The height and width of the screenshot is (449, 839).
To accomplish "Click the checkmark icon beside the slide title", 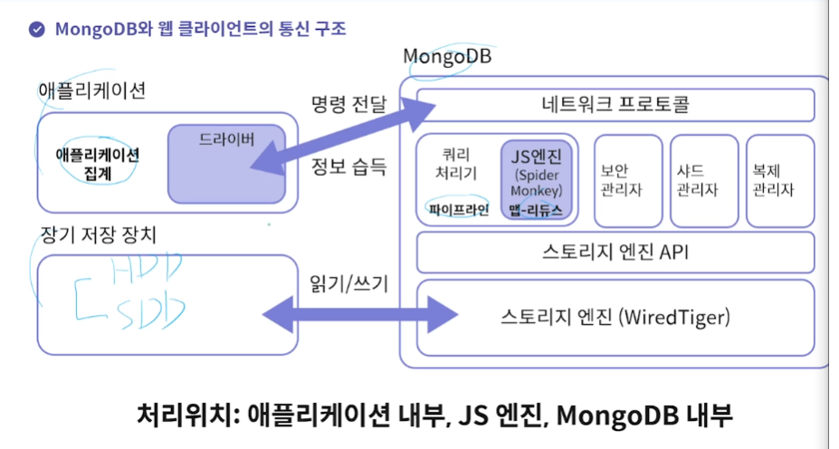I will point(37,28).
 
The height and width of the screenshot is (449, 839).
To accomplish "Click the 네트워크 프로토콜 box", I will point(615,105).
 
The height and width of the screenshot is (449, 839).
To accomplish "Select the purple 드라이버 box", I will point(226,163).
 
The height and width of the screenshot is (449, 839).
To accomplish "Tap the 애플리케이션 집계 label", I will point(97,163).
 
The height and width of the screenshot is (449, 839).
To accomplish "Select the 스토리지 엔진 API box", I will point(615,252).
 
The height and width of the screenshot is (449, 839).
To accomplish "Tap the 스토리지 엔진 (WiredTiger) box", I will point(615,318).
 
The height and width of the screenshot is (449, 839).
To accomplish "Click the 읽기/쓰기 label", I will point(342,284).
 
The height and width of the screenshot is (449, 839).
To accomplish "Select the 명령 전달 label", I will point(348,103).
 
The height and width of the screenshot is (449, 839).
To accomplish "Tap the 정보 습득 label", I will point(348,167).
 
